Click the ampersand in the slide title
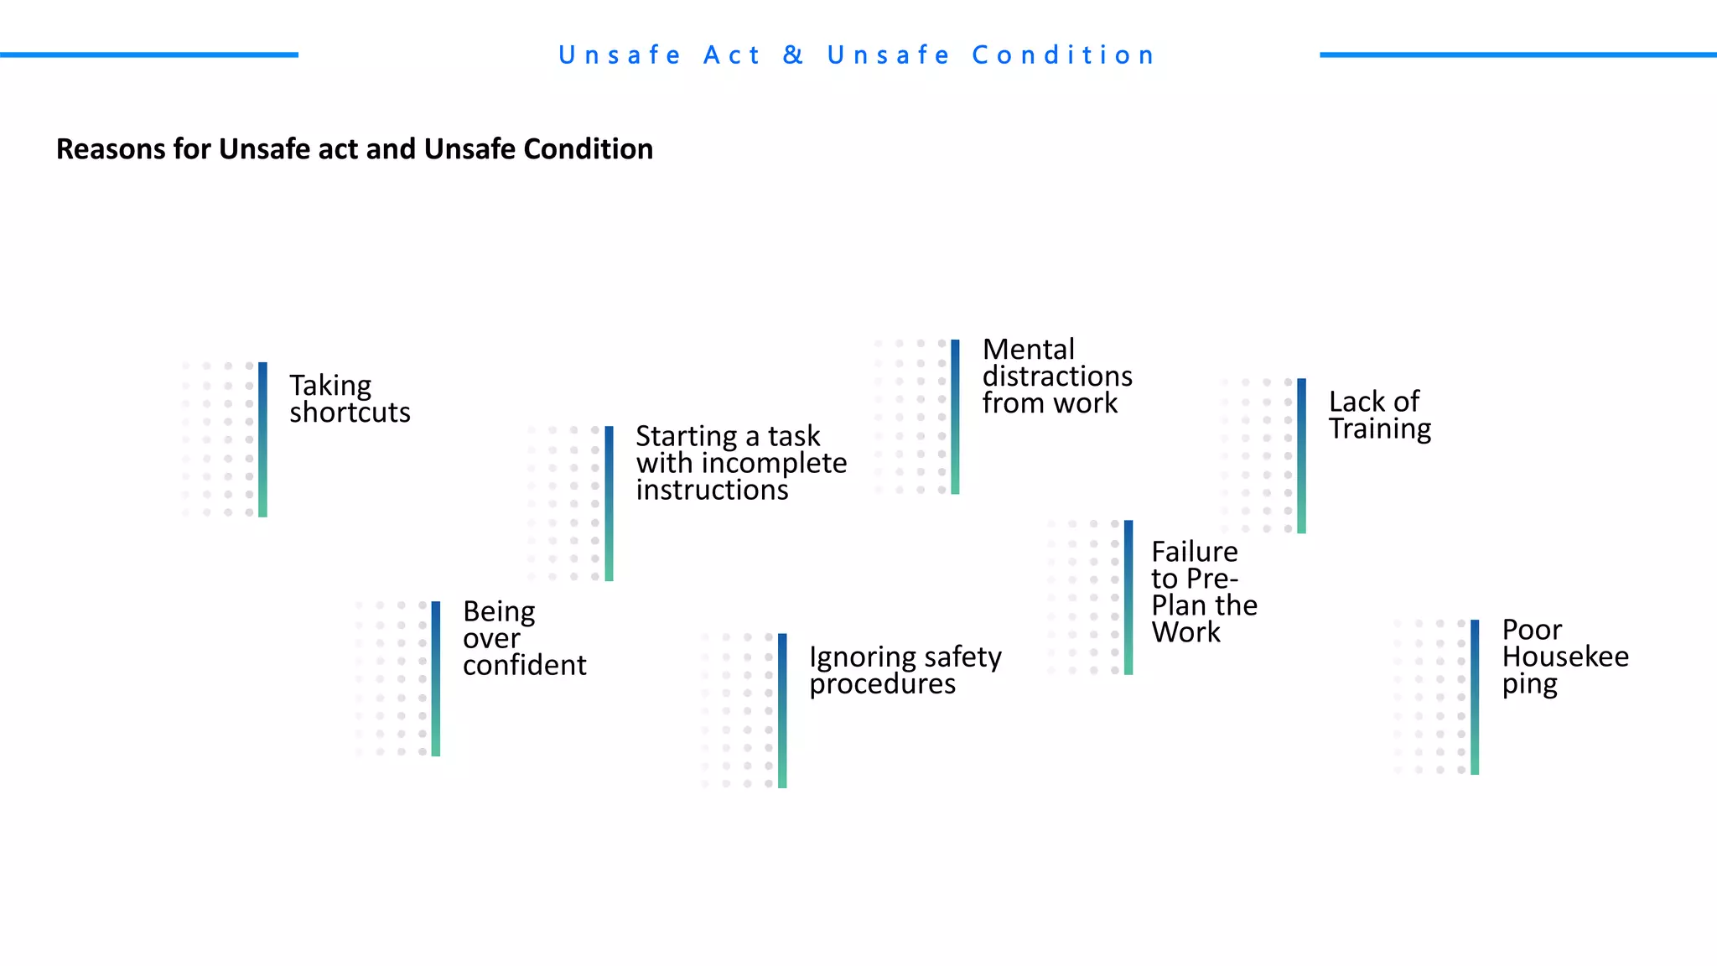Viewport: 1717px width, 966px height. point(793,55)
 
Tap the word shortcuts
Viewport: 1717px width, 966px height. point(350,413)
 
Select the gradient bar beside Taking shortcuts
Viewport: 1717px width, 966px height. point(262,439)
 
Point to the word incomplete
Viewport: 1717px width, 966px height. point(774,463)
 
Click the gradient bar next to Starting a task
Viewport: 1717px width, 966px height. point(609,503)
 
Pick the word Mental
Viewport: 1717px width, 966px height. point(1028,349)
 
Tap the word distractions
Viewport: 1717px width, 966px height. point(1057,376)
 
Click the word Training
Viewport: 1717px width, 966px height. point(1380,428)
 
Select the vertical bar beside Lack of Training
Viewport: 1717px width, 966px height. point(1301,455)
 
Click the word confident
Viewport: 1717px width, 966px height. point(524,665)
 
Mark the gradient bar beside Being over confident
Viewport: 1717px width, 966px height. point(436,678)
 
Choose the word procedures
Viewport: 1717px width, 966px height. point(882,684)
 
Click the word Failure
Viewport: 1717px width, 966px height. point(1194,552)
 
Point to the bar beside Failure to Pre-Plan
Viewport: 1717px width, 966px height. point(1128,597)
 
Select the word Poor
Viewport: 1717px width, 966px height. point(1532,630)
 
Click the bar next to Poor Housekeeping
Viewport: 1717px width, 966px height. point(1475,697)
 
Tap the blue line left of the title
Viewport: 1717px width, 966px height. point(149,55)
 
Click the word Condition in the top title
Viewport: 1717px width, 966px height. point(1063,55)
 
